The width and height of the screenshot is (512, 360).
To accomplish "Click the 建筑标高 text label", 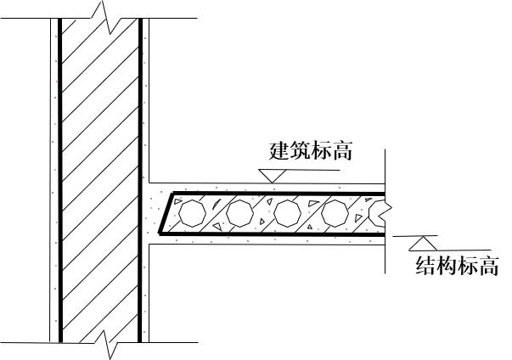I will pyautogui.click(x=312, y=153).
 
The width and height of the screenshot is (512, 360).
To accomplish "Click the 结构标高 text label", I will pyautogui.click(x=455, y=267).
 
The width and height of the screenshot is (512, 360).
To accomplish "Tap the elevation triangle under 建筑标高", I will pyautogui.click(x=272, y=173).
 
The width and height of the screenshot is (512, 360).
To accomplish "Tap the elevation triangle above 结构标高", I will pyautogui.click(x=419, y=243).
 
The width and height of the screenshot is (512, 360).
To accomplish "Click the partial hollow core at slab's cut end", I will pyautogui.click(x=376, y=212).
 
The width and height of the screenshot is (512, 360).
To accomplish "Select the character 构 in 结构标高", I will pyautogui.click(x=445, y=267).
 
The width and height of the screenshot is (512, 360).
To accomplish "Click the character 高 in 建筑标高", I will pyautogui.click(x=343, y=153).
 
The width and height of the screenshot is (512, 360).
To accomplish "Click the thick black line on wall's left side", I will pyautogui.click(x=59, y=178).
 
